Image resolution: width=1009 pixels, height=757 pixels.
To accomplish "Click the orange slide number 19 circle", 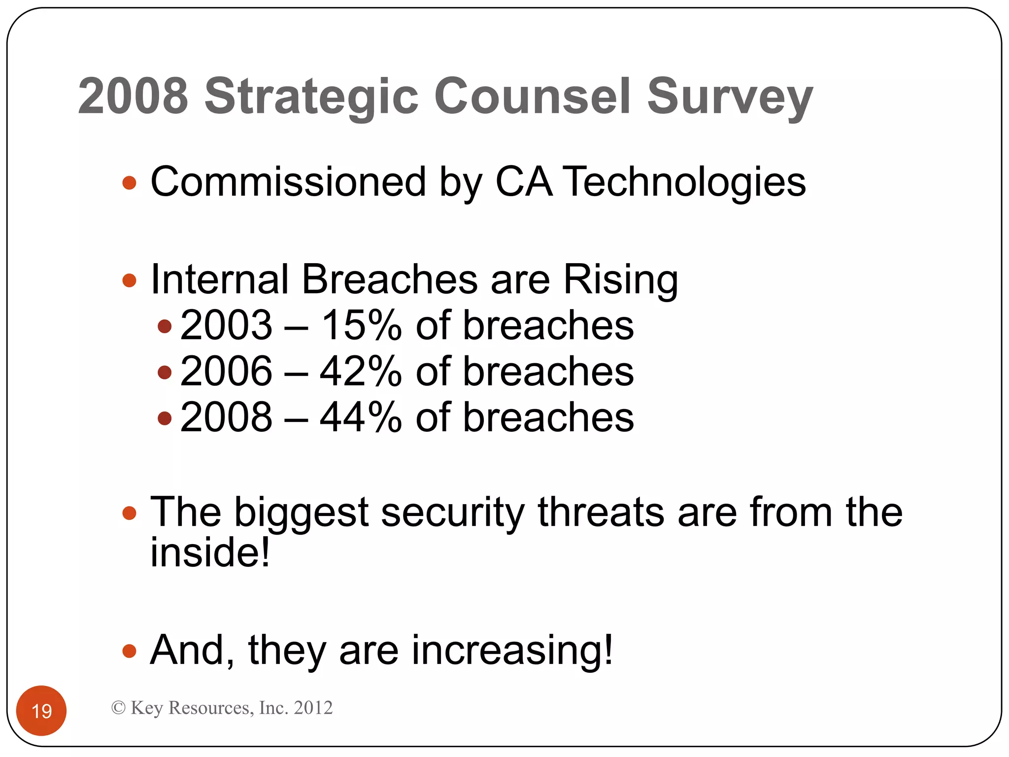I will (x=41, y=710).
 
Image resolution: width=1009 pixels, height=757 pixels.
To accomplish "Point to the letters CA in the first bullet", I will (x=523, y=181).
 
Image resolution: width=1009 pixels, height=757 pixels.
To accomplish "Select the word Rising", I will (x=620, y=279).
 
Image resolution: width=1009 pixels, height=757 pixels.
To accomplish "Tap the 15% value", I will (x=361, y=325).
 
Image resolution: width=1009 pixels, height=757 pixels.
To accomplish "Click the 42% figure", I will (x=361, y=371).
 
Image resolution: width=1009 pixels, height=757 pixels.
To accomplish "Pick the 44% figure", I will (x=361, y=417).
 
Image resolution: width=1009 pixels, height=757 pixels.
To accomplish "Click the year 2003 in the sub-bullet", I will (x=226, y=325).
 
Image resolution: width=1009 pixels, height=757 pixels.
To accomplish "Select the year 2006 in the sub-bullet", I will (x=226, y=371).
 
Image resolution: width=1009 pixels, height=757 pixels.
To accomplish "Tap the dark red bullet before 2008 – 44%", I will (x=165, y=418).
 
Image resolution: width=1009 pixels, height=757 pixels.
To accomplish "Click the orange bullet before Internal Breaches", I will (x=129, y=280).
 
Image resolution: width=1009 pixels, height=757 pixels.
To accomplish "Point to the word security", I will (x=453, y=513).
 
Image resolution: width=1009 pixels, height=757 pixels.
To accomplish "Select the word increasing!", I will (x=512, y=651).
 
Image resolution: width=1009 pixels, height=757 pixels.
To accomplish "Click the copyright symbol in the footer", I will (x=118, y=708).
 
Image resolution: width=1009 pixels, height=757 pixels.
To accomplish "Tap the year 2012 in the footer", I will (x=313, y=708).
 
